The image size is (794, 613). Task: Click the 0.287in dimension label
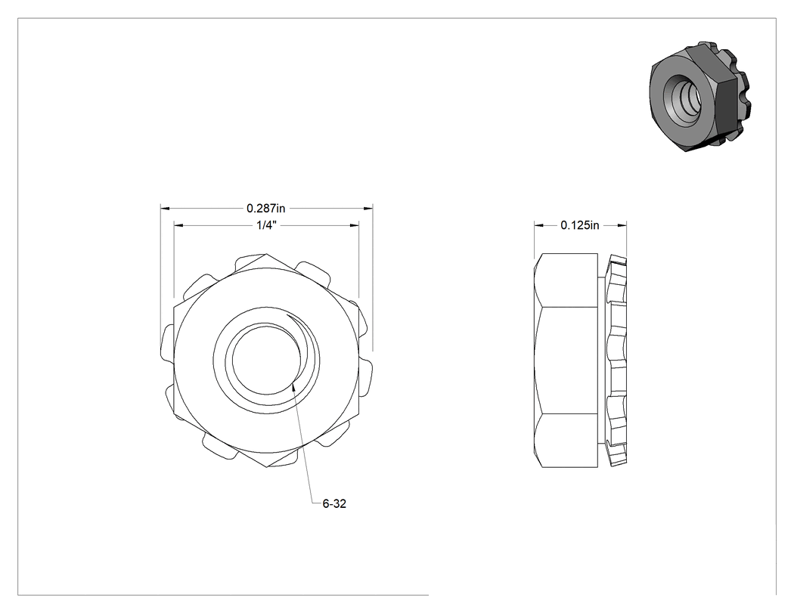(266, 208)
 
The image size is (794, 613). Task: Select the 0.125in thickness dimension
(580, 225)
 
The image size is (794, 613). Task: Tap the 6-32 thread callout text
(334, 503)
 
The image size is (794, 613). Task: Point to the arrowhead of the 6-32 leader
(293, 387)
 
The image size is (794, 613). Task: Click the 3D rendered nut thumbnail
(699, 98)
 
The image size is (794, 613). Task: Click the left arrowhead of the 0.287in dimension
(164, 208)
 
